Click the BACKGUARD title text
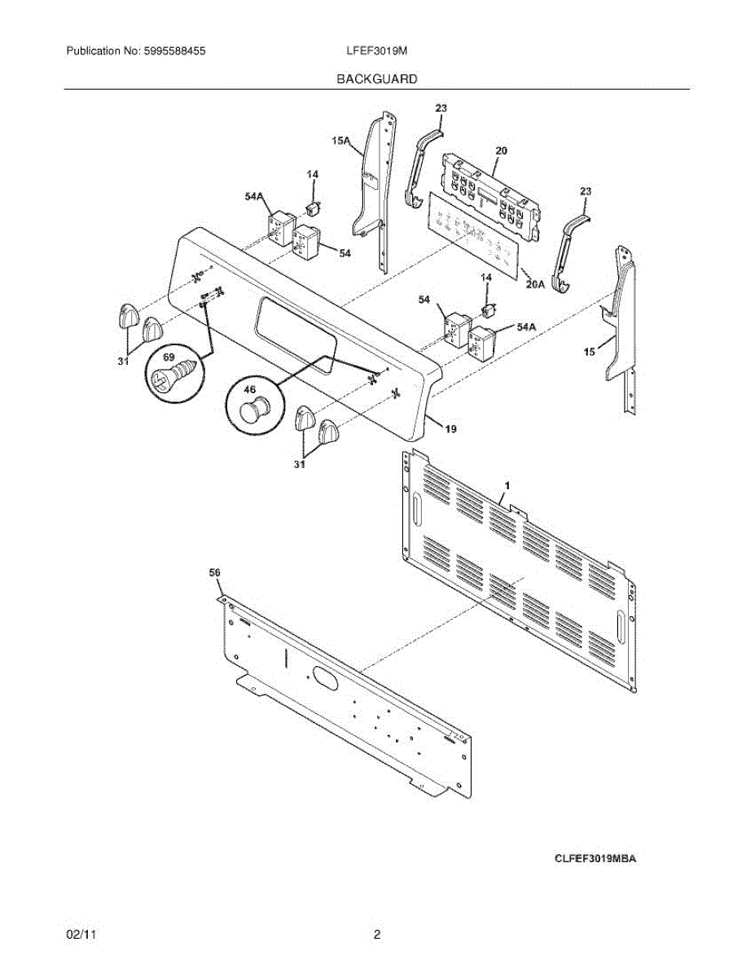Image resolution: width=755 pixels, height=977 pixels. point(377,79)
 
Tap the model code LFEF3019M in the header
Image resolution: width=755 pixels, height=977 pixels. point(376,50)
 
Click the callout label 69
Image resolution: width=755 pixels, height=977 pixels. point(169,357)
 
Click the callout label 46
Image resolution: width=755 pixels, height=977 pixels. point(250,389)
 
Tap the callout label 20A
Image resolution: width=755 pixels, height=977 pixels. point(535,284)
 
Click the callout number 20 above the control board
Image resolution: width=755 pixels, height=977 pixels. point(502,151)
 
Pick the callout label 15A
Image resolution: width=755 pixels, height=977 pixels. point(341,142)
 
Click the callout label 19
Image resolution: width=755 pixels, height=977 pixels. point(450,427)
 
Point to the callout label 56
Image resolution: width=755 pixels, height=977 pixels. point(215,573)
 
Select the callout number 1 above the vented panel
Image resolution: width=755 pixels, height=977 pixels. point(507,485)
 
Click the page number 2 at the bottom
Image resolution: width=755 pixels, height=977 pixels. point(377,935)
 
